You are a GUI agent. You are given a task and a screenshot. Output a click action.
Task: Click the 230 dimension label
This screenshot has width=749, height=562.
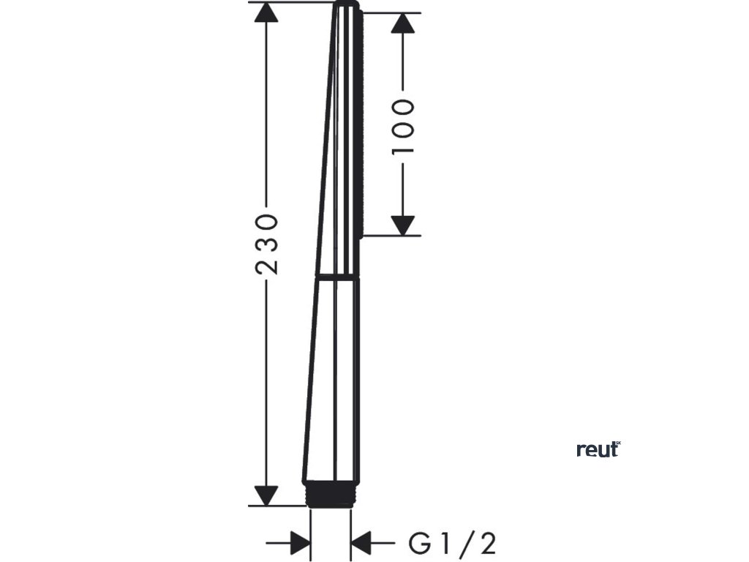point(267,244)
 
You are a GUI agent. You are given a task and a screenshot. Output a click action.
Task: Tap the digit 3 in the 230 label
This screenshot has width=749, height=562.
point(267,244)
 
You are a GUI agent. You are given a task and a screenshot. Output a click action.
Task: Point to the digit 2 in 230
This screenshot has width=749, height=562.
point(267,265)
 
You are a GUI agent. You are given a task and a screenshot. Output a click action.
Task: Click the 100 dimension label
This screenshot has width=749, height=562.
point(403,126)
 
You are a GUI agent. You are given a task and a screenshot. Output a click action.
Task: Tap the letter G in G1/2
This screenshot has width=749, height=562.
point(418,544)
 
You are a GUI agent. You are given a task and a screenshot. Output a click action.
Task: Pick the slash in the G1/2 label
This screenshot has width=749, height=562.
point(465,544)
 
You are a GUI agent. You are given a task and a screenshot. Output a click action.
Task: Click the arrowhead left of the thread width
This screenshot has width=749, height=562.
point(300,544)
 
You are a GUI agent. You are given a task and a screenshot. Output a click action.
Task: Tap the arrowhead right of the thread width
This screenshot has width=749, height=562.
point(362,544)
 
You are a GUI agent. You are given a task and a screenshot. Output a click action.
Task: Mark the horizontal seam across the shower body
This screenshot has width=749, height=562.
point(336,277)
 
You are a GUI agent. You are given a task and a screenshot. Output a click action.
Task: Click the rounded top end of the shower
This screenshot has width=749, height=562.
point(347,6)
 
